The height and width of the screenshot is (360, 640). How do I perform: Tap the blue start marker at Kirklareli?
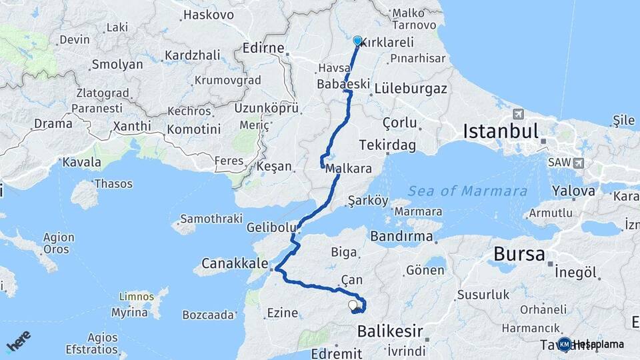click(357, 41)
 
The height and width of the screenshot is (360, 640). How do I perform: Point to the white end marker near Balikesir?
click(353, 305)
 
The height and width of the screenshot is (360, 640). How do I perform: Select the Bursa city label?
click(519, 254)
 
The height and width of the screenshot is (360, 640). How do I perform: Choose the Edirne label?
click(266, 49)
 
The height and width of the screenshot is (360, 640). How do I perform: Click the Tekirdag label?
click(387, 145)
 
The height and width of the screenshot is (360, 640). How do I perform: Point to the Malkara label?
click(348, 169)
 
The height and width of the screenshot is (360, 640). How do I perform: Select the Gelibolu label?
click(271, 227)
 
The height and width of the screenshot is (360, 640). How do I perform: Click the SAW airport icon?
click(577, 163)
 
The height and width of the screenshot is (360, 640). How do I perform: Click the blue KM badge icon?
click(565, 344)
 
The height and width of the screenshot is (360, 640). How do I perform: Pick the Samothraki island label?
click(206, 219)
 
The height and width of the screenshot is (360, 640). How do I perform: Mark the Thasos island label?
click(113, 183)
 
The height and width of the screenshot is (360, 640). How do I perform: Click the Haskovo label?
click(208, 14)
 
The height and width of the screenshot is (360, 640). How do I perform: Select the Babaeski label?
click(343, 85)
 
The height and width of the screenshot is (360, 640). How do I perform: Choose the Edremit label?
click(340, 353)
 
